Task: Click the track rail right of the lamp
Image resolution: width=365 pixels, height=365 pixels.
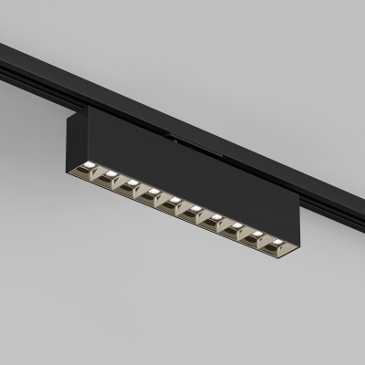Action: click(319, 187)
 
